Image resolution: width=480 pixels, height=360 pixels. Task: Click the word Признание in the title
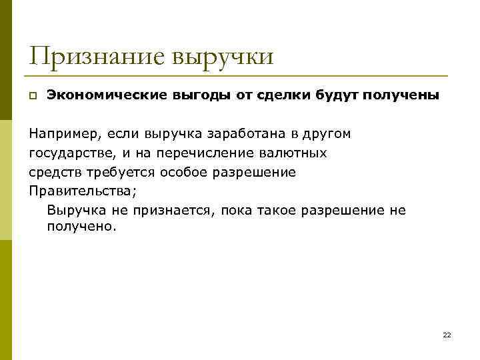95,56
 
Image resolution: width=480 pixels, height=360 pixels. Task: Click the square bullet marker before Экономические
33,96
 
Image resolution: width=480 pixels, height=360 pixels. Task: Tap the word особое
184,173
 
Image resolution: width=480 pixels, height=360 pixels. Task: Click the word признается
167,211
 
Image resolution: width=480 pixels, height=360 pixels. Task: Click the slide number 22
447,335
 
